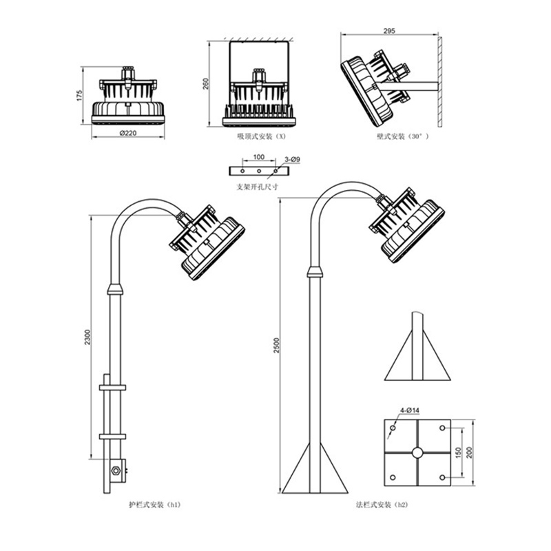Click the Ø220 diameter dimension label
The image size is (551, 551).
point(128,133)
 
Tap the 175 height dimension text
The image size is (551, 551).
point(80,96)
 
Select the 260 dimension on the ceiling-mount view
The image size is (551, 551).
point(206,83)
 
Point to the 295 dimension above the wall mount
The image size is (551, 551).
point(389,31)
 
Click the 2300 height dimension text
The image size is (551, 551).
point(87,337)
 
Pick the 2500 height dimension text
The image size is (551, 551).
point(277,346)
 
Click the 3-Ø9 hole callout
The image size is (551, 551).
point(292,160)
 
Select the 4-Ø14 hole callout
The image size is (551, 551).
point(410,410)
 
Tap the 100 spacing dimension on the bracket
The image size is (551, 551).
point(259,157)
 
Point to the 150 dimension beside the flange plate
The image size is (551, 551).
point(458,453)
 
